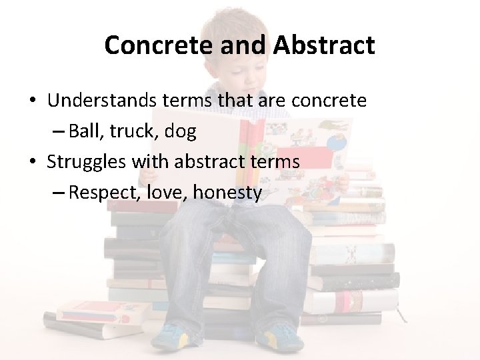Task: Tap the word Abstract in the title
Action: click(x=323, y=45)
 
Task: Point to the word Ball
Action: click(x=83, y=131)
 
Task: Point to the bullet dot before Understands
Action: click(x=32, y=101)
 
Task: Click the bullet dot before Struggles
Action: click(x=32, y=162)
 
